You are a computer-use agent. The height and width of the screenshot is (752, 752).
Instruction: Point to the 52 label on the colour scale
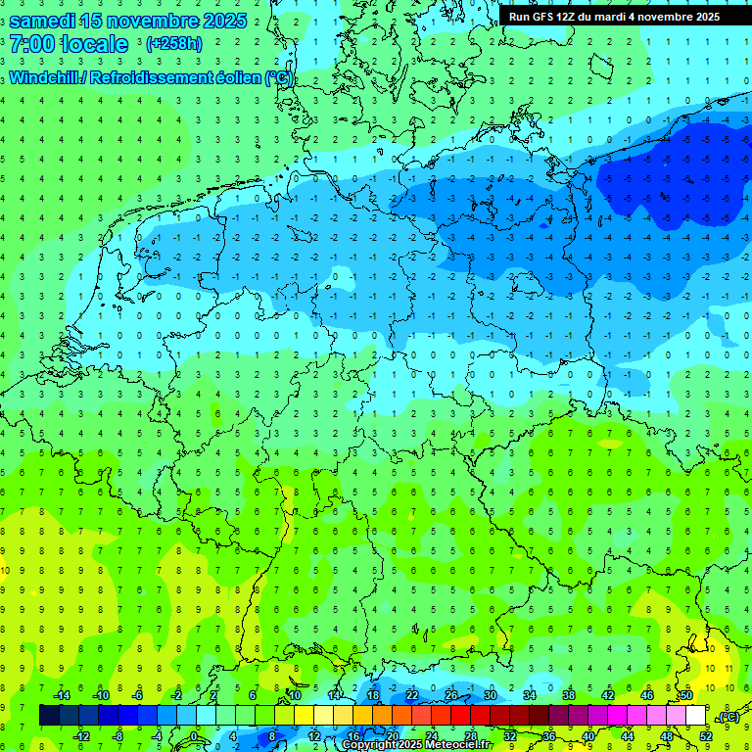click(705, 735)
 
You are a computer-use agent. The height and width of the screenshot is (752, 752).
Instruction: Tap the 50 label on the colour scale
click(685, 695)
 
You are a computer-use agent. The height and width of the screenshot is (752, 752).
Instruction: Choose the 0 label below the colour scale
click(194, 735)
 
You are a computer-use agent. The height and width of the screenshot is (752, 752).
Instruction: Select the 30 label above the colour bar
click(490, 695)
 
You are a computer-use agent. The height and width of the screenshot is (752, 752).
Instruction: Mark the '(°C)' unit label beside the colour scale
click(728, 718)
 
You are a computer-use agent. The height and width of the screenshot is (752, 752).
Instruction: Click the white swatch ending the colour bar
click(695, 716)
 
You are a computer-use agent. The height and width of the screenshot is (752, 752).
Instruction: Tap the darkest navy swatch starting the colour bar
click(49, 716)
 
